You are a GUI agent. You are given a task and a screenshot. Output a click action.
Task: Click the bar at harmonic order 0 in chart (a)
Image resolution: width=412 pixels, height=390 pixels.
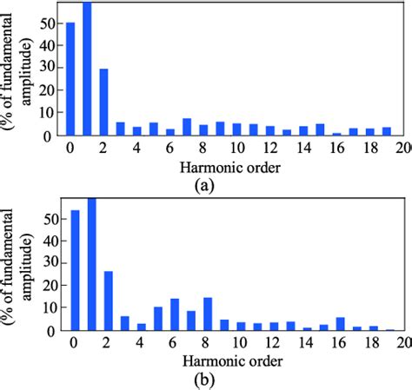coord(70,79)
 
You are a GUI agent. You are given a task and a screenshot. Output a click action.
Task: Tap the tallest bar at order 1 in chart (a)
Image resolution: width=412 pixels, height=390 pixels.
coord(87,69)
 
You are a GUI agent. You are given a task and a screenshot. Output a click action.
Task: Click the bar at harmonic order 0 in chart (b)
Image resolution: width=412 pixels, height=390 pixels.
coord(75,269)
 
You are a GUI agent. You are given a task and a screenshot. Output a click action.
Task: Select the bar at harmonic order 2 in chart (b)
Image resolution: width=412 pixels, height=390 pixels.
coord(109,301)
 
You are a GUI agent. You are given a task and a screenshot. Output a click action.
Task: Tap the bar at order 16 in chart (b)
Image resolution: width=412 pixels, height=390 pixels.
coord(340,324)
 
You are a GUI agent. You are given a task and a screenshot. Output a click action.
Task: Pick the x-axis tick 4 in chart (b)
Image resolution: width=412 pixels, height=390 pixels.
coord(142,342)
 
